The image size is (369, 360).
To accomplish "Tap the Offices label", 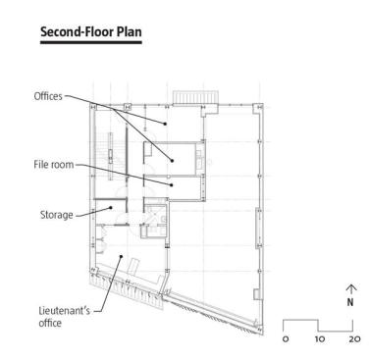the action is pos(48,96).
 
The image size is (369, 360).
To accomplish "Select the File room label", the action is pos(54,164).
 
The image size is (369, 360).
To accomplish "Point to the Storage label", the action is pos(57,215).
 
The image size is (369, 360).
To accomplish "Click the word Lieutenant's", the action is pos(64,310).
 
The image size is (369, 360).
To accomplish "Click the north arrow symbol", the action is pos(350,288).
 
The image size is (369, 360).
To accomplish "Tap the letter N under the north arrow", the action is pos(350,302).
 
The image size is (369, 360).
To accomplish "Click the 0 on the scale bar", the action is pos(286,338).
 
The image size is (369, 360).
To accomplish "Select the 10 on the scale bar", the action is pos(320,338).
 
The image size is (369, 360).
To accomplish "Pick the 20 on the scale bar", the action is pos(354,338).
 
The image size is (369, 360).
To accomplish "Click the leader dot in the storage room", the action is pos(111,207).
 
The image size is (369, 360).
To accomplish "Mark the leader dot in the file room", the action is pos(172,185).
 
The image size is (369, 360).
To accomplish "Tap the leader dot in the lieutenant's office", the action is pos(121,256).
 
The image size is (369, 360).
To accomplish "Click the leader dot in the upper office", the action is pos(165,124).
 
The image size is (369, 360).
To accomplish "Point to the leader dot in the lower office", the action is pos(172,160).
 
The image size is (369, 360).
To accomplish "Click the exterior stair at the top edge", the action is pos(195,97).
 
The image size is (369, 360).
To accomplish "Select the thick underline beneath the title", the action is pos(91,42).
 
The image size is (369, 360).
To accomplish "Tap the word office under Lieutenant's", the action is pos(50,323).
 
